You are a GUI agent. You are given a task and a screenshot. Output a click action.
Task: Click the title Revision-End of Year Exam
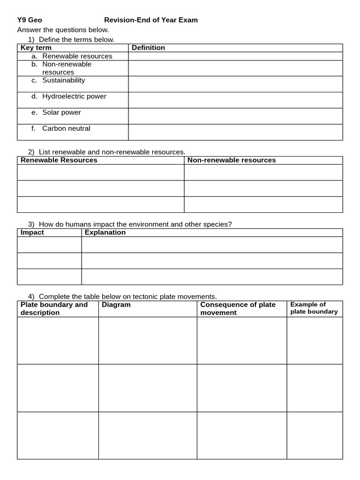point(150,20)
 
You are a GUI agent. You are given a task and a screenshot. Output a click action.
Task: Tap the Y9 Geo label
point(30,20)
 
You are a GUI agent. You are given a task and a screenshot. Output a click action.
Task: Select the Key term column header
point(36,48)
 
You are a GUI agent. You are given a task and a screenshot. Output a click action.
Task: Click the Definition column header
point(148,48)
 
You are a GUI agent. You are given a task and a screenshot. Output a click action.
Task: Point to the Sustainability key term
point(63,80)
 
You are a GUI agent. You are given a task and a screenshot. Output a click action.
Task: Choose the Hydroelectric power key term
point(74,96)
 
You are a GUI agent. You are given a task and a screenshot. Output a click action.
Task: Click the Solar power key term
point(61,112)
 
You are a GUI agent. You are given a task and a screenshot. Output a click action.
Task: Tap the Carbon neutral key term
point(66,128)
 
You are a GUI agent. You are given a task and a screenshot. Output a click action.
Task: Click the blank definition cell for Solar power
point(235,116)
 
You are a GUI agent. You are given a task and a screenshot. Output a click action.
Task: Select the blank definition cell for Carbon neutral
point(235,132)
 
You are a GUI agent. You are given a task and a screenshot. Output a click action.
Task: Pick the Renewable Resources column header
point(59,160)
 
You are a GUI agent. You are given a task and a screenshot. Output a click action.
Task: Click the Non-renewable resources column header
point(232,160)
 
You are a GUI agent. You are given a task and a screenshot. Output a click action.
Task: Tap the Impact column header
point(32,232)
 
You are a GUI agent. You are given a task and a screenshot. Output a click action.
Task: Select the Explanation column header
point(105,232)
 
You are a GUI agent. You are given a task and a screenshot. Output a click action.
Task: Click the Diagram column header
point(116,305)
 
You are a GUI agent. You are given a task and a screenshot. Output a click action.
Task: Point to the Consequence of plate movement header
point(238,308)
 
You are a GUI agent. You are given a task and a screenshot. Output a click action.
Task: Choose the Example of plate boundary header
point(314,308)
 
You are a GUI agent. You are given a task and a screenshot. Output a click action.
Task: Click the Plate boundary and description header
point(54,308)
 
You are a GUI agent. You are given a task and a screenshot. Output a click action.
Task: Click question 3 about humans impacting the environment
point(135,224)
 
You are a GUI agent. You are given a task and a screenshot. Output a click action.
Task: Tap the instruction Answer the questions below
point(63,30)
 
